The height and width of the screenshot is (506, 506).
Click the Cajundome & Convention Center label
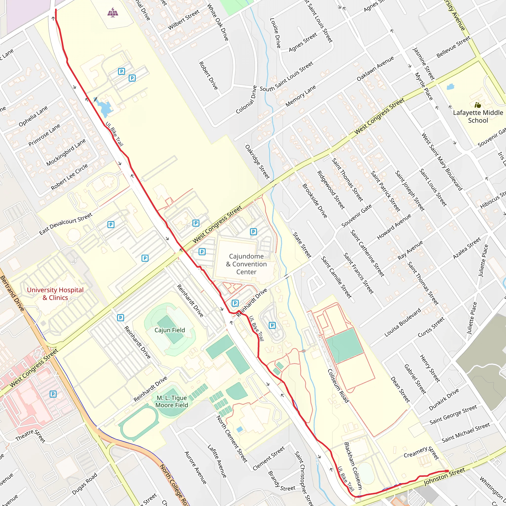pyautogui.click(x=246, y=264)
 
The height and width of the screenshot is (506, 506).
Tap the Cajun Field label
pyautogui.click(x=170, y=330)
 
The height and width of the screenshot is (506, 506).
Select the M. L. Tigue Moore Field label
pyautogui.click(x=172, y=401)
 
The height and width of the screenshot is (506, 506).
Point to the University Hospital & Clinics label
pyautogui.click(x=55, y=294)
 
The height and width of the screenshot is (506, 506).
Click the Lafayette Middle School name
pyautogui.click(x=478, y=117)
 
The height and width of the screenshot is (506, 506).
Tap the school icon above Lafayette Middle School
pyautogui.click(x=478, y=105)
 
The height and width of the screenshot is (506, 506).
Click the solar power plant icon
pyautogui.click(x=113, y=12)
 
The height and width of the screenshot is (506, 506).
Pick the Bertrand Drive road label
pyautogui.click(x=12, y=294)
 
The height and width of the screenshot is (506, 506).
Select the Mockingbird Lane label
pyautogui.click(x=66, y=152)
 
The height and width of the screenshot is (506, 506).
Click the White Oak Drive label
pyautogui.click(x=218, y=22)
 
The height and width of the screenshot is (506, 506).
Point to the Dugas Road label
pyautogui.click(x=84, y=484)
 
